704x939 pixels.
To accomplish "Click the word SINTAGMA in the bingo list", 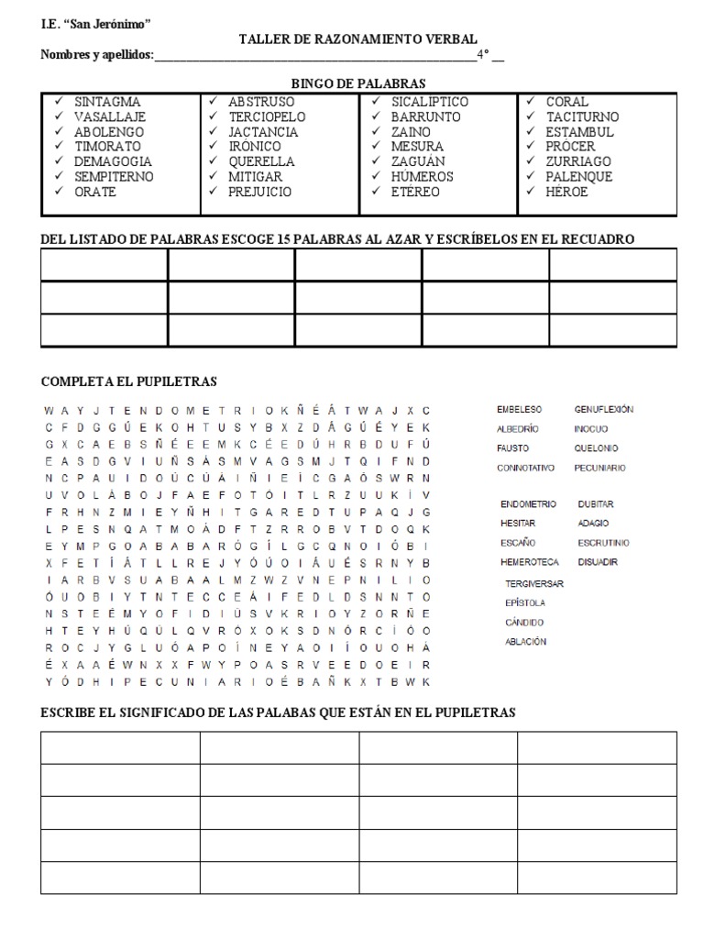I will pyautogui.click(x=108, y=102).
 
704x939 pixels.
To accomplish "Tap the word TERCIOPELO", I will pyautogui.click(x=267, y=117).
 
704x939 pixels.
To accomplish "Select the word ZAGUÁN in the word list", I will pyautogui.click(x=417, y=161).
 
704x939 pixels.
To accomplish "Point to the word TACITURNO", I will pyautogui.click(x=582, y=117).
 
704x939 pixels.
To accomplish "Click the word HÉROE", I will pyautogui.click(x=566, y=192).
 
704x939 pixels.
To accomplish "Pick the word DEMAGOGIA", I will pyautogui.click(x=115, y=161).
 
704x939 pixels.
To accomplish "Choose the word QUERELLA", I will pyautogui.click(x=262, y=161).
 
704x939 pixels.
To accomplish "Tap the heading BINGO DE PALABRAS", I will pyautogui.click(x=358, y=83).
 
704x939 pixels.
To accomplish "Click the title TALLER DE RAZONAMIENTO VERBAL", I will pyautogui.click(x=357, y=39).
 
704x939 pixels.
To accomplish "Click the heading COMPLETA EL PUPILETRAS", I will pyautogui.click(x=129, y=381).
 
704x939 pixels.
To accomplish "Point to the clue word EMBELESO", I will pyautogui.click(x=519, y=409).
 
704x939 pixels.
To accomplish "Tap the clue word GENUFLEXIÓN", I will pyautogui.click(x=603, y=409).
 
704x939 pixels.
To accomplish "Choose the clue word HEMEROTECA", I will pyautogui.click(x=529, y=561).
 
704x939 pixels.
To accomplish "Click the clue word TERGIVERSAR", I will pyautogui.click(x=533, y=583).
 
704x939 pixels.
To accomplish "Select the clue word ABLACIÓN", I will pyautogui.click(x=525, y=641).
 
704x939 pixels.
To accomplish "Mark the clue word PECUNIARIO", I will pyautogui.click(x=599, y=468).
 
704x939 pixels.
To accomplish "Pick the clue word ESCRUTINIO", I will pyautogui.click(x=603, y=543).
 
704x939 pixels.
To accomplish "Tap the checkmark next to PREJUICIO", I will pyautogui.click(x=213, y=191).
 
